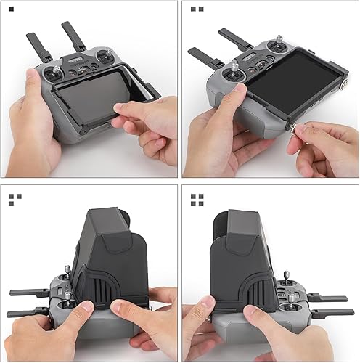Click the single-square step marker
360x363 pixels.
pyautogui.click(x=11, y=9)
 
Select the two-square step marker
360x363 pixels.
pyautogui.click(x=196, y=9)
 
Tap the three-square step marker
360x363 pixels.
pyautogui.click(x=15, y=199)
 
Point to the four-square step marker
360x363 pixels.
pyautogui.click(x=197, y=199)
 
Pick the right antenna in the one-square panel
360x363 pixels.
pyautogui.click(x=73, y=36)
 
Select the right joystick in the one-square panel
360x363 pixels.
pyautogui.click(x=111, y=54)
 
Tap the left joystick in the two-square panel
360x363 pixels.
pyautogui.click(x=235, y=71)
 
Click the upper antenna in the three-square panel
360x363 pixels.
pyautogui.click(x=29, y=293)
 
